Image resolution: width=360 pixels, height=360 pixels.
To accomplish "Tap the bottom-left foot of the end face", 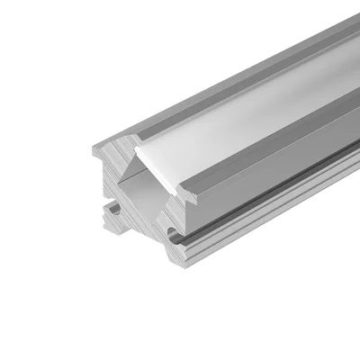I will [x=110, y=236].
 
